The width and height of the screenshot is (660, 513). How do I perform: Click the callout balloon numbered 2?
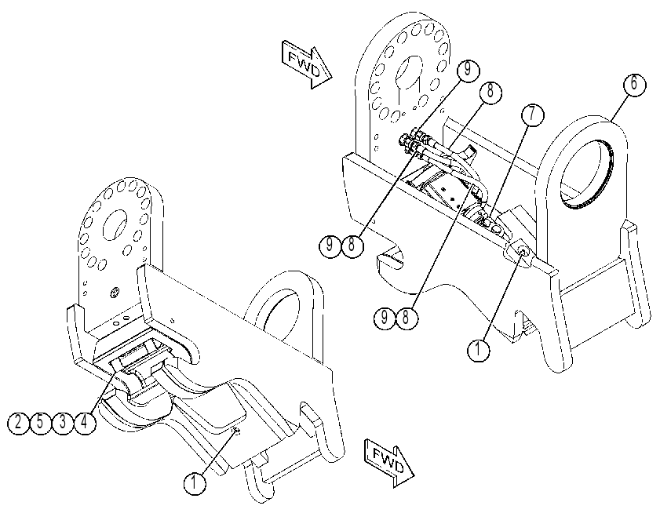18,422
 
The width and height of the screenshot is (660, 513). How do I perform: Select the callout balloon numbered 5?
40,422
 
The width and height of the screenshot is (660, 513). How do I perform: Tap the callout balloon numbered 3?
62,422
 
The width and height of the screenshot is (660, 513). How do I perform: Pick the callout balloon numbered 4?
85,422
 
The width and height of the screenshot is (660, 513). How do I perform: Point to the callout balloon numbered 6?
634,84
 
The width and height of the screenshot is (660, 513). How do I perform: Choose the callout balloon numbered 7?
532,115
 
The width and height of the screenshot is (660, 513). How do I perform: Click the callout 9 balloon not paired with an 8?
468,70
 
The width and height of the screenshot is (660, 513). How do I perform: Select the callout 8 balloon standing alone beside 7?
490,92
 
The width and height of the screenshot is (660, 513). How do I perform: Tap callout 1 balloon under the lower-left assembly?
195,482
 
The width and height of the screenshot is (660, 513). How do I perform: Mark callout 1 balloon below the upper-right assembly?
479,350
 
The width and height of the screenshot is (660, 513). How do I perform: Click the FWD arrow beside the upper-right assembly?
307,64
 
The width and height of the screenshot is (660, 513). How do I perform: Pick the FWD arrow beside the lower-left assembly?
389,463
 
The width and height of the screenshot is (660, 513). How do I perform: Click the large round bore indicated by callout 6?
586,170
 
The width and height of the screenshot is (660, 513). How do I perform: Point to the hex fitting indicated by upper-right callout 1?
520,252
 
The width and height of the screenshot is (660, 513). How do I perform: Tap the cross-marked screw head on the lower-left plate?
114,293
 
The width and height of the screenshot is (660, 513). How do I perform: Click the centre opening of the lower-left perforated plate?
115,226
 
